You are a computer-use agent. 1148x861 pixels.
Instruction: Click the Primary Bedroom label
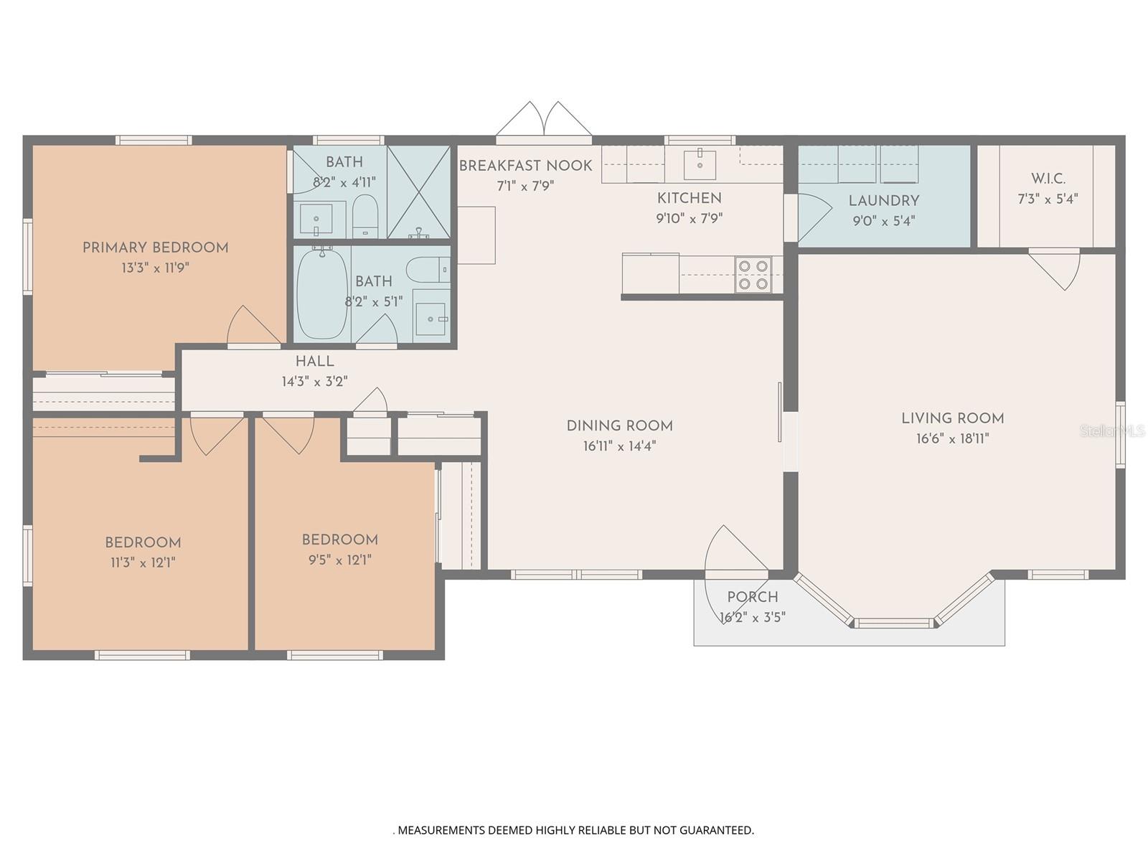[155, 248]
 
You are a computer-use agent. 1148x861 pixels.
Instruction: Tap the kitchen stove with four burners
[753, 275]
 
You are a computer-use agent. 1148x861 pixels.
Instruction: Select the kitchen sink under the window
[700, 164]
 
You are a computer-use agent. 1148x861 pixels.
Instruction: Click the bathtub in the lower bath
[322, 293]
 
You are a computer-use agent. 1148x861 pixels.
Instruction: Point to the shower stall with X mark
[419, 192]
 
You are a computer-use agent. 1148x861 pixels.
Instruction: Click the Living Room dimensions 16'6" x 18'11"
[952, 438]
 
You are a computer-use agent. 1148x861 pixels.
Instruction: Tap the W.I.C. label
[1048, 179]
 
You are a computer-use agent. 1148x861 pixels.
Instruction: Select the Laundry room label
[884, 201]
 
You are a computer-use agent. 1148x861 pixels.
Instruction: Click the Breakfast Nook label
[526, 166]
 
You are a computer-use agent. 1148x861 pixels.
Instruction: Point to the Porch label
[753, 597]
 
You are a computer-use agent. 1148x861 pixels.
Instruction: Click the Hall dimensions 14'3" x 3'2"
[315, 382]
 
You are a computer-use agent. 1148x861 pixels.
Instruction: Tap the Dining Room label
[620, 426]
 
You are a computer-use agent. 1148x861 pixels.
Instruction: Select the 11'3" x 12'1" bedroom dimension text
[143, 563]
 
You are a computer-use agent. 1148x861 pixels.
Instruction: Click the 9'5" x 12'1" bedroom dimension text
[340, 560]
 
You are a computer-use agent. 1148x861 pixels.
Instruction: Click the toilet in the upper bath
[364, 216]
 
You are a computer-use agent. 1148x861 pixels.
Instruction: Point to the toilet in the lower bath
[428, 270]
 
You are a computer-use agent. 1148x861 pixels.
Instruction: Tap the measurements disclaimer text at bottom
[574, 829]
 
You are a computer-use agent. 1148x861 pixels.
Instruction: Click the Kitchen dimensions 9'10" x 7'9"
[690, 219]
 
